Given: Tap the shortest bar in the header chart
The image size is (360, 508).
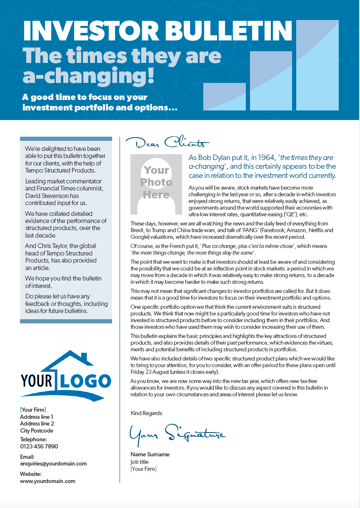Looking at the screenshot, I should click(224, 96).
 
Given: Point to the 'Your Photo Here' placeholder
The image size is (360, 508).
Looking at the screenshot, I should click(156, 183).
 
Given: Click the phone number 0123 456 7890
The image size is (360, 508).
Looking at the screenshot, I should click(39, 446).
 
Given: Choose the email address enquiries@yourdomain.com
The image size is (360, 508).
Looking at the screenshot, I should click(53, 463).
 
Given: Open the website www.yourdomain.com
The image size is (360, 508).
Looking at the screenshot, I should click(47, 481).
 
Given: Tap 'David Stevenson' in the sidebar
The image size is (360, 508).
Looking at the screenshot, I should click(46, 195).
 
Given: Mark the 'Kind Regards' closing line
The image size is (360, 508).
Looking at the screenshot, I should click(146, 413).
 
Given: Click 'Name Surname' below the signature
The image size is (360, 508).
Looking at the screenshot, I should click(150, 454).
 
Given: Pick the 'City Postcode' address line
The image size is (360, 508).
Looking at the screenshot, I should click(37, 430).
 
